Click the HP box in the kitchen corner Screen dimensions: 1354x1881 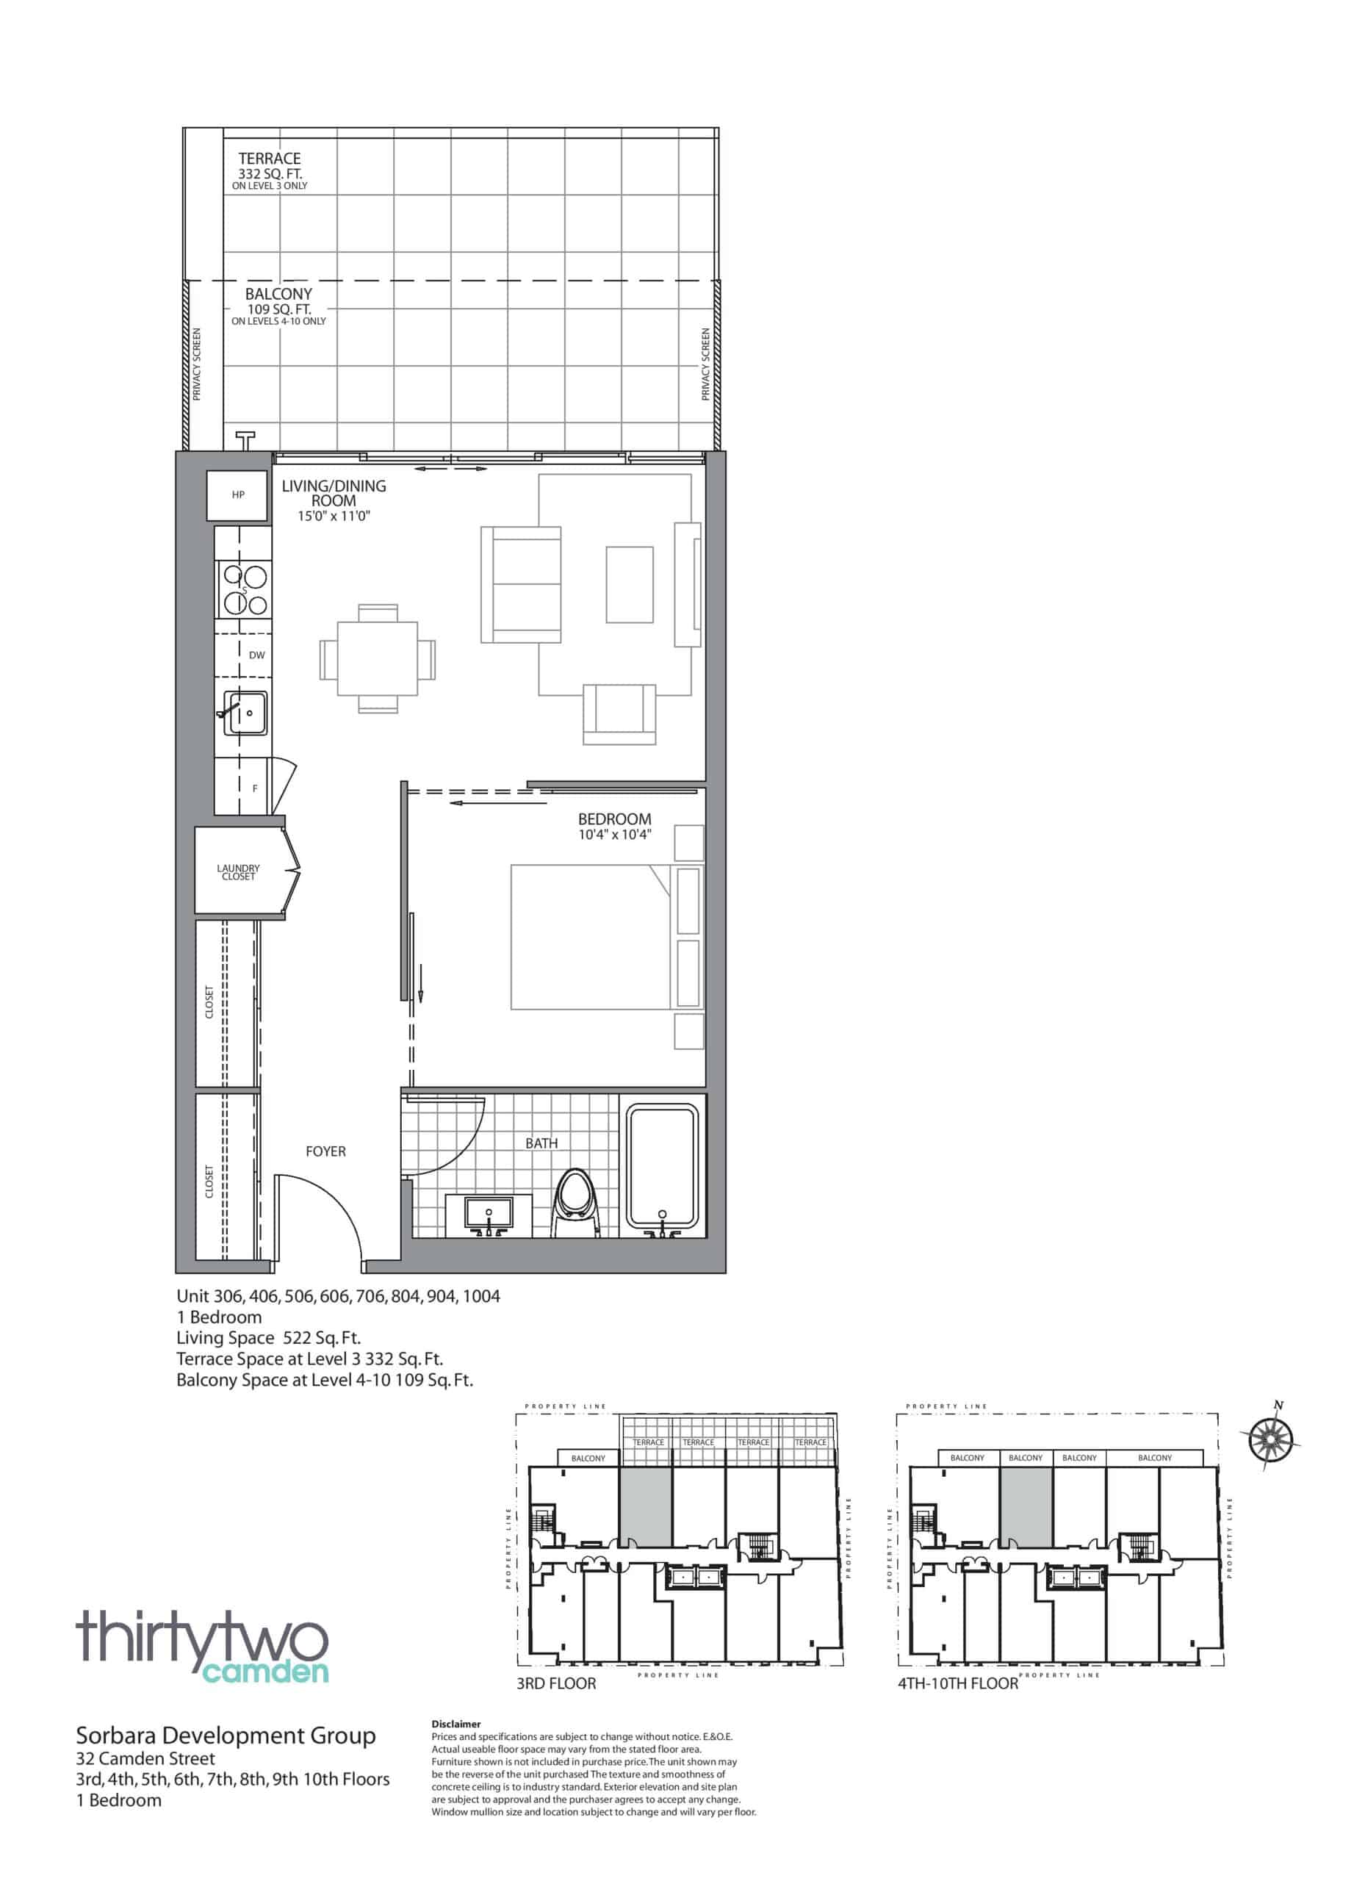238,495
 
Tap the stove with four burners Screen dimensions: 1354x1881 244,589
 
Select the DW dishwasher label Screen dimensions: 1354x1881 257,655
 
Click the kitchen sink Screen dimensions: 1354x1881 246,713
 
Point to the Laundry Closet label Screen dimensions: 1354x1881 238,872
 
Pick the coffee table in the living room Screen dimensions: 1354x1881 630,584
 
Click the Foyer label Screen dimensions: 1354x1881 326,1152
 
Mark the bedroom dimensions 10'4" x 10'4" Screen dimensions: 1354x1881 614,835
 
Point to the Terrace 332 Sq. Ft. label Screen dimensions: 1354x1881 270,170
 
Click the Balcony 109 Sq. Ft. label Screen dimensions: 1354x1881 278,307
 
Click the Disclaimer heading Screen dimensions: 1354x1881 456,1724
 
